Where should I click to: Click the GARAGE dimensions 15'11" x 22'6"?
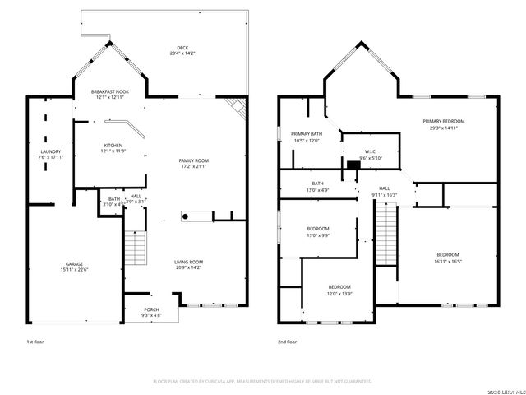pyautogui.click(x=74, y=270)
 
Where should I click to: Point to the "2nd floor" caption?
pyautogui.click(x=287, y=341)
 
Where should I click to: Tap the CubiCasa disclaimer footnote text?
pyautogui.click(x=263, y=382)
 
